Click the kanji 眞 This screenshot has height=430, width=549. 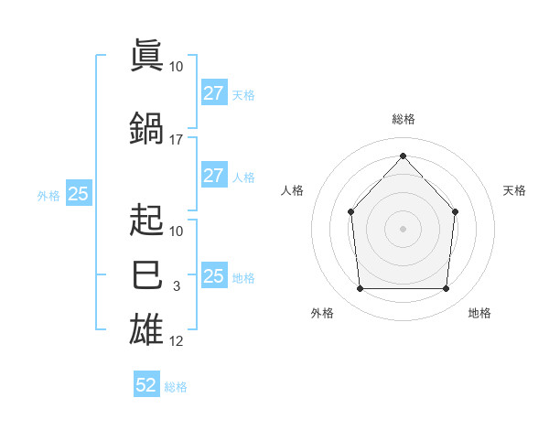[x=146, y=55]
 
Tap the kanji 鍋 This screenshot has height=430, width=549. [x=146, y=128]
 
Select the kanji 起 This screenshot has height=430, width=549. [x=146, y=220]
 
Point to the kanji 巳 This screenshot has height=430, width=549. [x=146, y=274]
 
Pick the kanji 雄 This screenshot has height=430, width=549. [x=146, y=328]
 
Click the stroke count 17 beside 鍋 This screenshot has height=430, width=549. [x=176, y=140]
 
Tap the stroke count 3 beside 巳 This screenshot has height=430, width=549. [x=177, y=286]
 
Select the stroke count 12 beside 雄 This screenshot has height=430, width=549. [x=176, y=341]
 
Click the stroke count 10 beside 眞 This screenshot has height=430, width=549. [x=176, y=67]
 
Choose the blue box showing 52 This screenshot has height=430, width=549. [x=146, y=383]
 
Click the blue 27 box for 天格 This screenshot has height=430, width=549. [x=214, y=92]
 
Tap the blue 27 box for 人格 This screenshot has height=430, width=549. [x=214, y=175]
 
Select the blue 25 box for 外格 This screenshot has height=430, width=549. [x=79, y=192]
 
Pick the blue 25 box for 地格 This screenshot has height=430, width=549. [x=214, y=274]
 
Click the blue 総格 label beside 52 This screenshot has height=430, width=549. [x=176, y=387]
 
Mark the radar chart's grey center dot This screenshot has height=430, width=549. [x=403, y=229]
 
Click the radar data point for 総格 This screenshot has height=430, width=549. [x=403, y=156]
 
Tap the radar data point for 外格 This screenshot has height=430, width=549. [x=360, y=288]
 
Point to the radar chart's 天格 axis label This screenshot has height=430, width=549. [x=514, y=190]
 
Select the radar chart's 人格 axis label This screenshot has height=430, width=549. [x=292, y=190]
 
